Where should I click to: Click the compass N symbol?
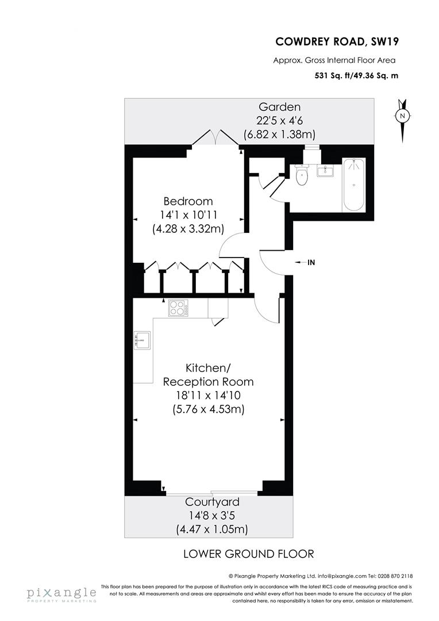pyautogui.click(x=403, y=116)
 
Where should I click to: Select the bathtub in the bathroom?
pyautogui.click(x=353, y=185)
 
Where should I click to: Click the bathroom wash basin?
pyautogui.click(x=325, y=171)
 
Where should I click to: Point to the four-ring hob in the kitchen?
pyautogui.click(x=179, y=309)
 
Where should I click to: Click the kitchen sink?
pyautogui.click(x=142, y=341)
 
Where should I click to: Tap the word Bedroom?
pyautogui.click(x=188, y=201)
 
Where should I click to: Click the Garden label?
pyautogui.click(x=279, y=106)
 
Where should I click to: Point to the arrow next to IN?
pyautogui.click(x=299, y=262)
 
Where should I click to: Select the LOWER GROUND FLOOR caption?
pyautogui.click(x=248, y=554)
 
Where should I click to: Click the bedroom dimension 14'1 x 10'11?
pyautogui.click(x=188, y=215)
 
